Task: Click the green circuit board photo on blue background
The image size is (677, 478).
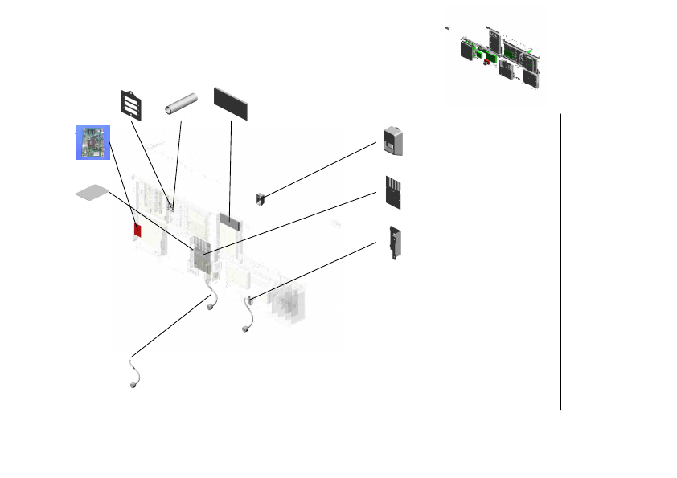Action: pos(92,142)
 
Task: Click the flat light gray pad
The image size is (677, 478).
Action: pos(92,193)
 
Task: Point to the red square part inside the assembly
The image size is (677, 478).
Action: pos(137,231)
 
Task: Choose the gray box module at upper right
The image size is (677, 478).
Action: pos(393,141)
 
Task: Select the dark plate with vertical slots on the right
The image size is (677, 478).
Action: pos(393,193)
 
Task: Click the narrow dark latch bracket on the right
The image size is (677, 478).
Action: pos(393,243)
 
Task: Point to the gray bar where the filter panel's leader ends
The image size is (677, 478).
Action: pos(230,218)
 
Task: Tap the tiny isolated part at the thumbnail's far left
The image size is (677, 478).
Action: pos(447,29)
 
